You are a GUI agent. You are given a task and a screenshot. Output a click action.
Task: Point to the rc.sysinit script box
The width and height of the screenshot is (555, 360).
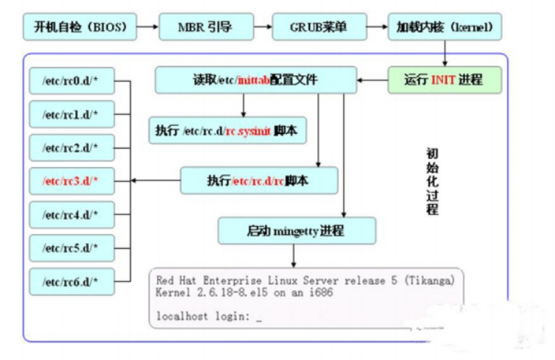pyautogui.click(x=228, y=130)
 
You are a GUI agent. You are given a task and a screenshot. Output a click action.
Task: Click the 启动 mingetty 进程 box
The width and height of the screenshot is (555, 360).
pyautogui.click(x=295, y=230)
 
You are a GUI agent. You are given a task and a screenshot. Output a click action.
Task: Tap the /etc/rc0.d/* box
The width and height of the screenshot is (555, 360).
pyautogui.click(x=71, y=81)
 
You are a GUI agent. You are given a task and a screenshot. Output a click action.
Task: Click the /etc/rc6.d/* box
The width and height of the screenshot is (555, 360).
pyautogui.click(x=71, y=280)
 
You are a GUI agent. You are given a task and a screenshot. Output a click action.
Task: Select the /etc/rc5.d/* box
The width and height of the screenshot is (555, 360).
pyautogui.click(x=71, y=247)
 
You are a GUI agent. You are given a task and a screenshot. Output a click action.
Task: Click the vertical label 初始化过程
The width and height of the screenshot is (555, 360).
pyautogui.click(x=432, y=181)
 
